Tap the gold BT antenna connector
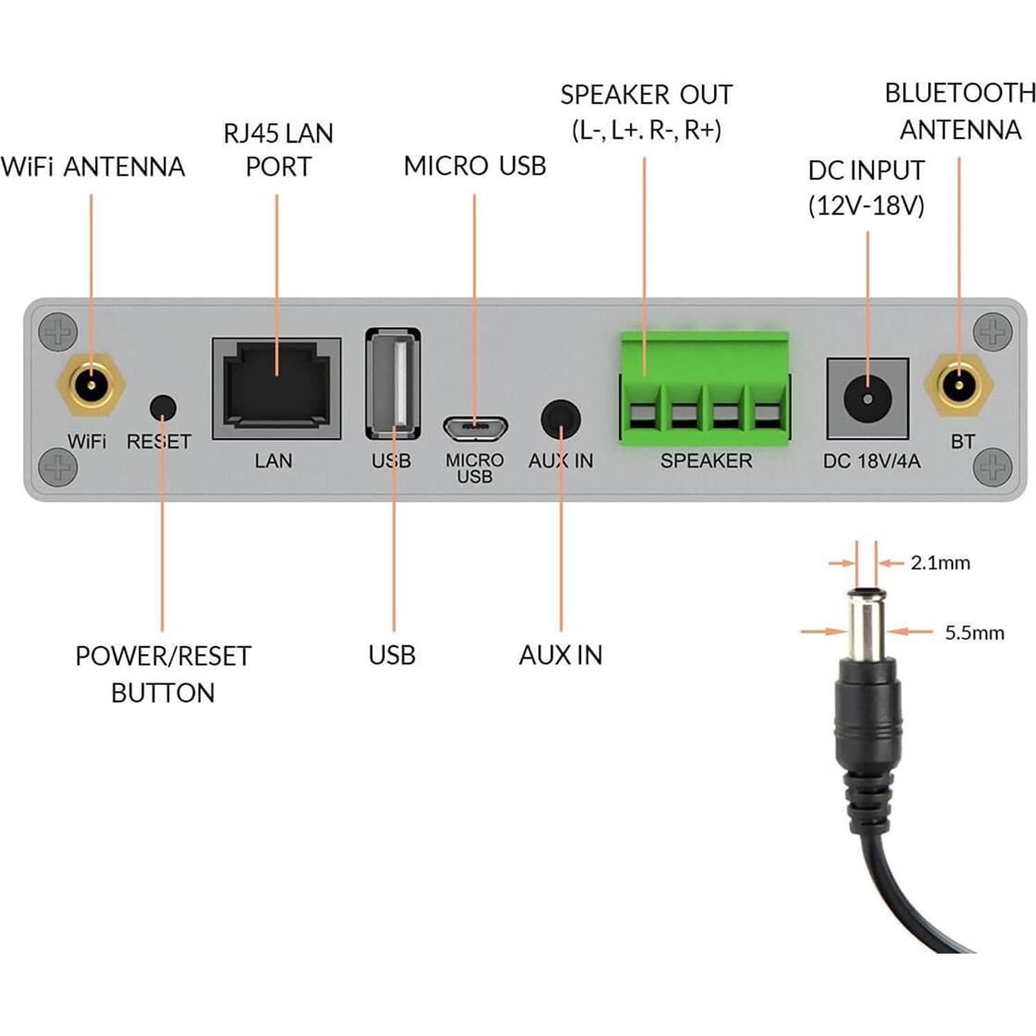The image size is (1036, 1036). click(959, 385)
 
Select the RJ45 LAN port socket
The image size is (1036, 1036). click(276, 388)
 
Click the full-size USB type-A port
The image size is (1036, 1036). click(393, 383)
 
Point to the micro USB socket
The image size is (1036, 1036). click(475, 428)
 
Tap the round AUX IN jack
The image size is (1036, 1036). click(560, 419)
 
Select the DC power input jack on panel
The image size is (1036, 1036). click(867, 399)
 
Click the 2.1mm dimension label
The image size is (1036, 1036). click(940, 563)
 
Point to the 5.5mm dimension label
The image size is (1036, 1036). click(974, 632)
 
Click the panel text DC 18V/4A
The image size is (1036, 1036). click(871, 461)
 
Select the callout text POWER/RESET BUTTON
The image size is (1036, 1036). click(163, 674)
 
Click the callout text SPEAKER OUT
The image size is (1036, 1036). click(646, 95)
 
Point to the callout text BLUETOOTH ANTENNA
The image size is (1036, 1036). click(960, 111)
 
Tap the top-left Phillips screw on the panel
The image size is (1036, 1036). click(57, 332)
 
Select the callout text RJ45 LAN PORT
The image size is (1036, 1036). click(278, 150)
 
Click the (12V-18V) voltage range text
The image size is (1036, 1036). click(866, 206)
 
